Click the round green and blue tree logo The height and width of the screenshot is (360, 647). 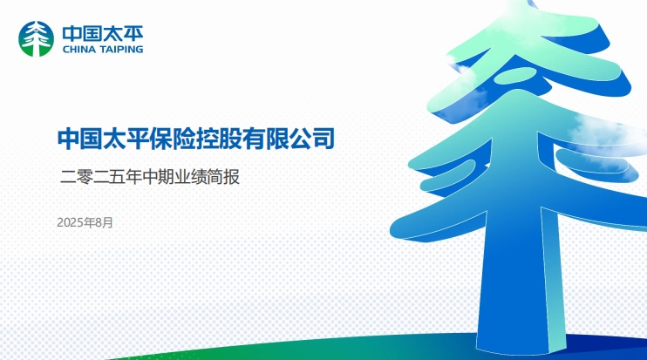coord(37,38)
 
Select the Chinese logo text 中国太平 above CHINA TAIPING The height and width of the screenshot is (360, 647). coord(103,33)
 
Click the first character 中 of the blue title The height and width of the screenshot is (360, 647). coord(69,139)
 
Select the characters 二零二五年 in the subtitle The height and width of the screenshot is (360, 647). coord(100,177)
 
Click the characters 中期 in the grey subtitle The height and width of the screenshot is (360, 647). coord(158,177)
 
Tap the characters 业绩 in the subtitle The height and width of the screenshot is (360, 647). coord(191,177)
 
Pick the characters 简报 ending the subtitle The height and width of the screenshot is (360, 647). coord(223,177)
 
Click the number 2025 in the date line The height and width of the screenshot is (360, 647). coord(70,222)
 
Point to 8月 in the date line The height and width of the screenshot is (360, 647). coord(104,222)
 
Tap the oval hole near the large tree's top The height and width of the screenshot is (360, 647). coord(515,74)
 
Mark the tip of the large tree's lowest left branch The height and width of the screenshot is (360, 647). coord(392,231)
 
